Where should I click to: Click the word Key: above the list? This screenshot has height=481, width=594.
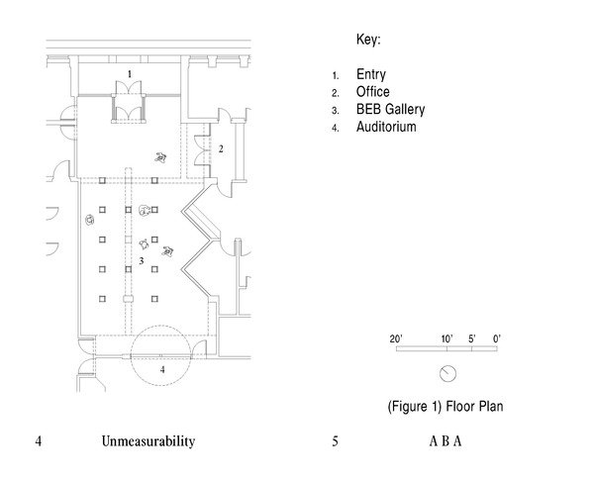(368, 41)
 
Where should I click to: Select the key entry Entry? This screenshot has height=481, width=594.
(372, 74)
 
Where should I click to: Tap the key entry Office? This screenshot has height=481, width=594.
(373, 92)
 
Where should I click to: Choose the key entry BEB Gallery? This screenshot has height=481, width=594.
(389, 110)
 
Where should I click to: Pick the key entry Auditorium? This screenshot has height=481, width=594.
(386, 128)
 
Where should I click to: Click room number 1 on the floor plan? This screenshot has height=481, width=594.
(129, 74)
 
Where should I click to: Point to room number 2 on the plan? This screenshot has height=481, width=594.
(222, 148)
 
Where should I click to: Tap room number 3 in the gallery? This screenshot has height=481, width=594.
(141, 260)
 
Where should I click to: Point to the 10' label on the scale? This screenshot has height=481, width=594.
(447, 338)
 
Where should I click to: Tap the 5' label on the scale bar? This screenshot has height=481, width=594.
(472, 338)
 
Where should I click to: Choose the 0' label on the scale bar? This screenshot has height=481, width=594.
(497, 338)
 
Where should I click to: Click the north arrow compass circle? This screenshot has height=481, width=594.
(447, 372)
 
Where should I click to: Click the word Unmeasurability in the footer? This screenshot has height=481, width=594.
(146, 441)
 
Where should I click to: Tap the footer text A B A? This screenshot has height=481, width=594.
(445, 441)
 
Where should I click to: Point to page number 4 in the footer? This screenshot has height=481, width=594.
(37, 441)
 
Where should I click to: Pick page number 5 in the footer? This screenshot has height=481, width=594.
(336, 441)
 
